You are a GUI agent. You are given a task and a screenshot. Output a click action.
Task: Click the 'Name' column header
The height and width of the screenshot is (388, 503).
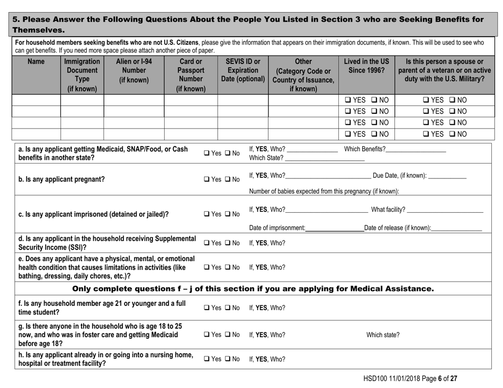click(36, 62)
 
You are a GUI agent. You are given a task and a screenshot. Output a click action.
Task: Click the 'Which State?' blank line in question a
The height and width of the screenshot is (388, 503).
click(324, 158)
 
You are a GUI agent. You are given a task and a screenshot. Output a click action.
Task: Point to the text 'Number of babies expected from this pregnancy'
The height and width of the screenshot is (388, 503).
click(323, 191)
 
